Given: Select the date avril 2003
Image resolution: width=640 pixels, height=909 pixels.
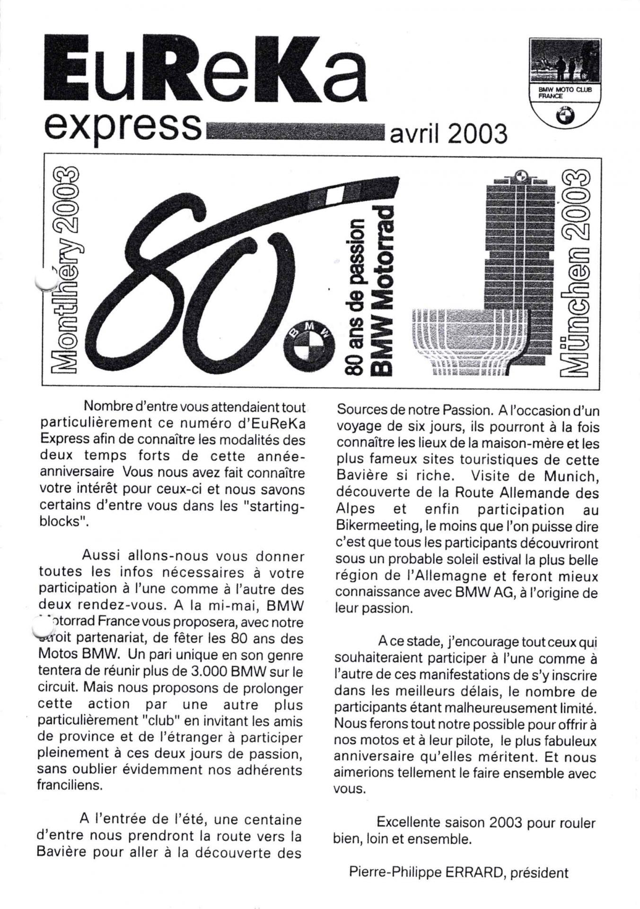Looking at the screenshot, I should pyautogui.click(x=447, y=134).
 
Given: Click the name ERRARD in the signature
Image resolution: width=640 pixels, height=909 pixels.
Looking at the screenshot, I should pyautogui.click(x=473, y=872).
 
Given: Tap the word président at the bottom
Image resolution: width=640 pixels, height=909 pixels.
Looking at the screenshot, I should pyautogui.click(x=540, y=873).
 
